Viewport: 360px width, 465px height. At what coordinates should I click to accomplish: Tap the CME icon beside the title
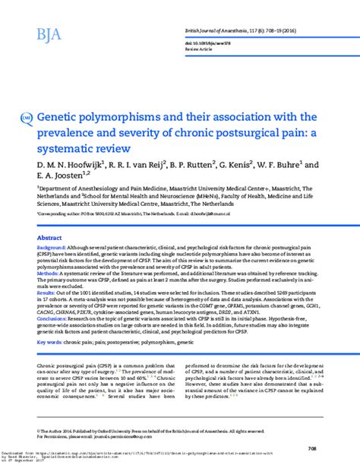(x=27, y=119)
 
